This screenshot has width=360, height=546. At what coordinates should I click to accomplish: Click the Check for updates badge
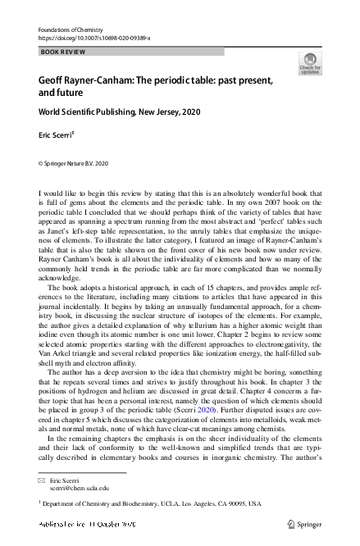point(310,64)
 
